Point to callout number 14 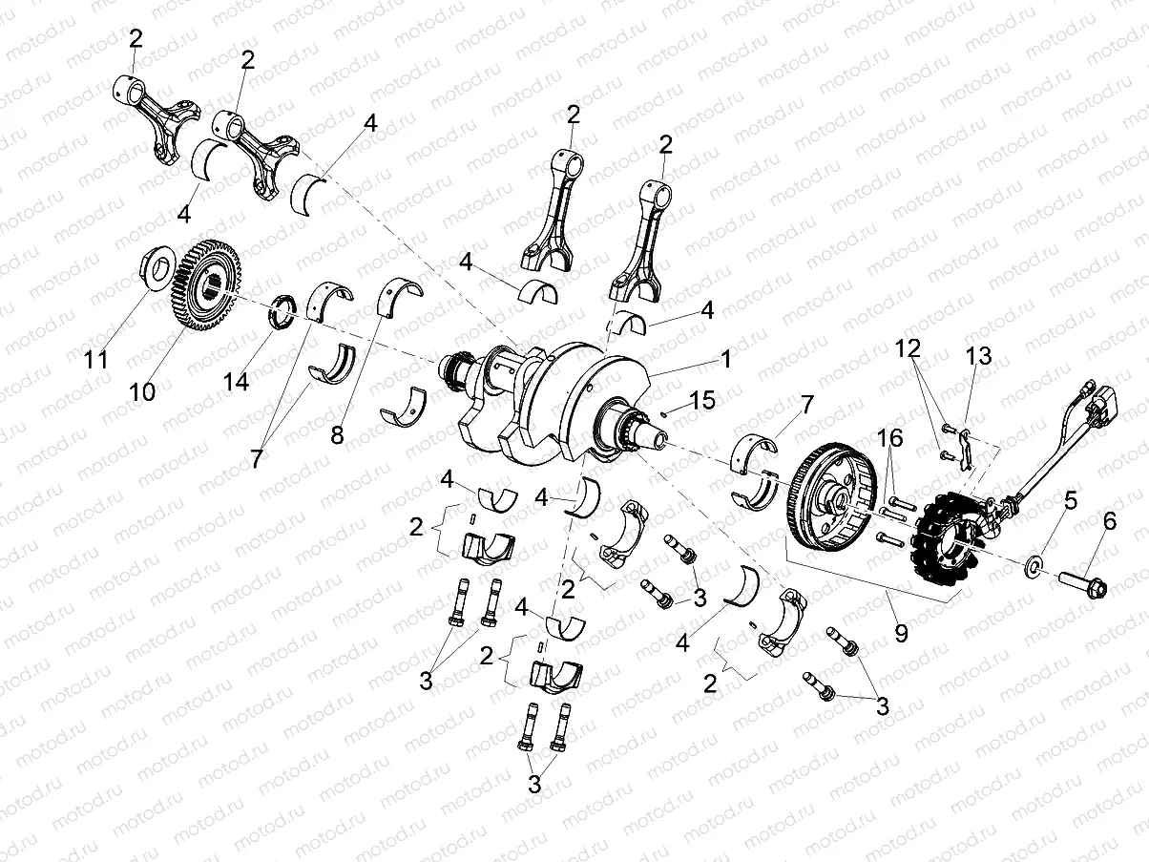(237, 382)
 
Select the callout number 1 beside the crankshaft (725, 360)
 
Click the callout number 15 (701, 401)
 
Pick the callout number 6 (1109, 520)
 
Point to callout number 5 (1071, 499)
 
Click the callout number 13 (978, 356)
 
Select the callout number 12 (908, 347)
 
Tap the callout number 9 (900, 631)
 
